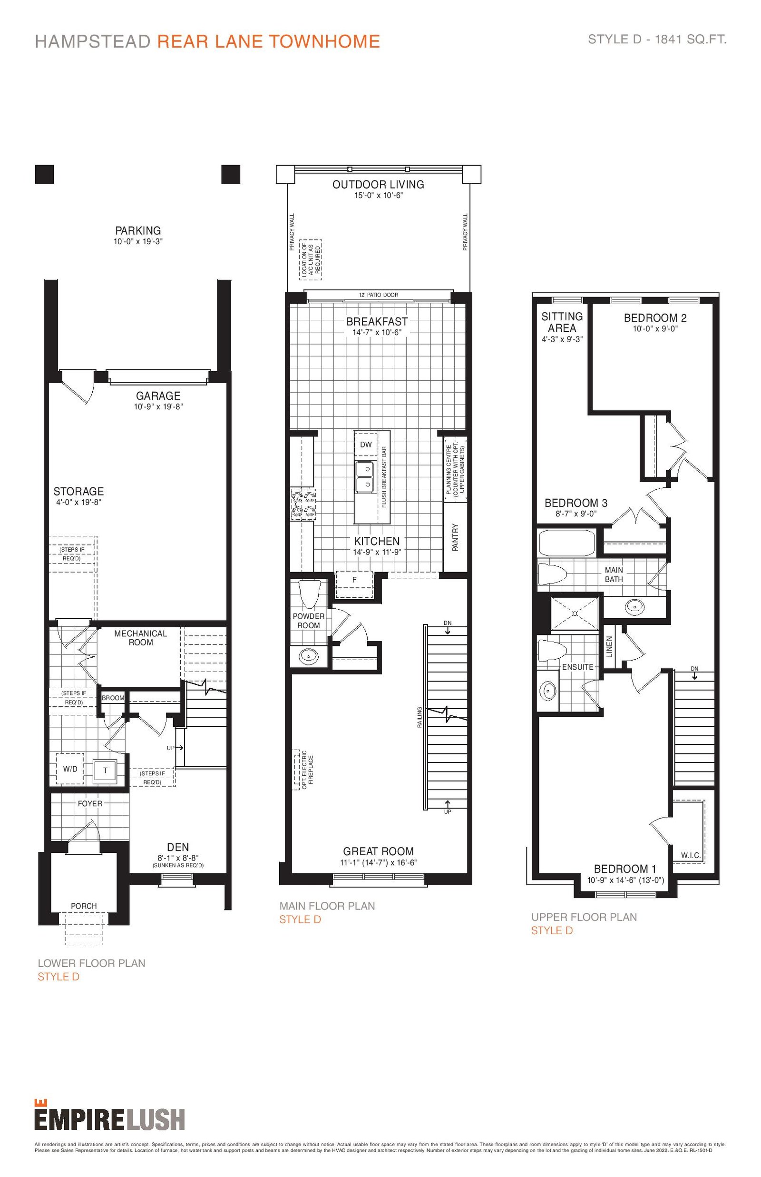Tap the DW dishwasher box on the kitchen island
click(366, 445)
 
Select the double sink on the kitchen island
click(366, 477)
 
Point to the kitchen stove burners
click(303, 504)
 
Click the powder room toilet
click(310, 594)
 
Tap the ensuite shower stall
click(575, 613)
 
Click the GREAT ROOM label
click(379, 851)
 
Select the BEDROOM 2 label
click(655, 318)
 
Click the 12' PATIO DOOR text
click(379, 295)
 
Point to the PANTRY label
click(455, 538)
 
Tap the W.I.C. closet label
click(691, 855)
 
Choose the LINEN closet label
click(609, 647)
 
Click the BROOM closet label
click(113, 698)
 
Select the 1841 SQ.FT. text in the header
click(691, 40)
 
